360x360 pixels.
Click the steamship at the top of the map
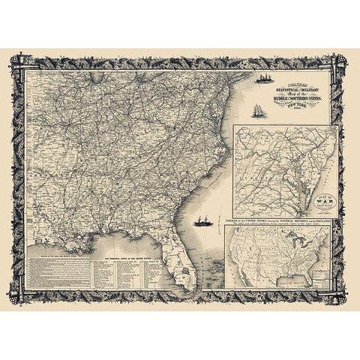(x=265, y=77)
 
